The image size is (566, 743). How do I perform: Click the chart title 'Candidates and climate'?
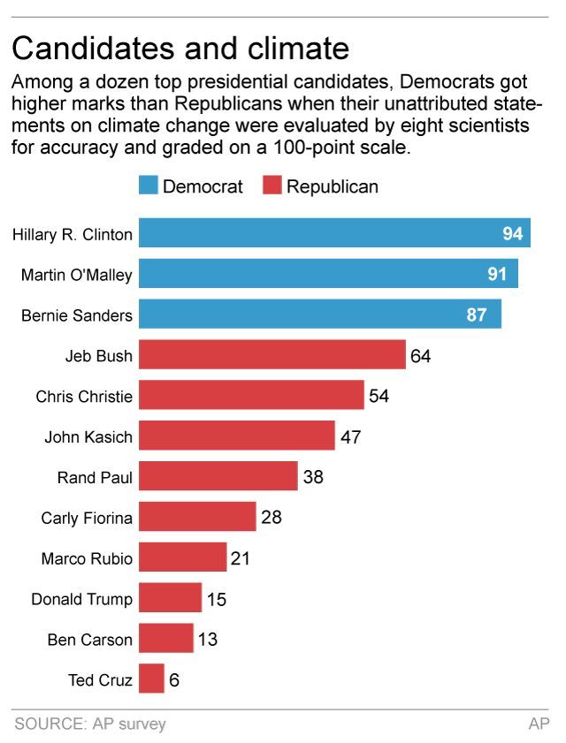(180, 47)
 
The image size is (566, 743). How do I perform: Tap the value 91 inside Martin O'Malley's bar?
(497, 274)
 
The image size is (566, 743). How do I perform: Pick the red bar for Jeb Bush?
(272, 356)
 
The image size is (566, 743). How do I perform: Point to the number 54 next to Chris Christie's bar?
(379, 396)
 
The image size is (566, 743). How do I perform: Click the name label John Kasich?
(88, 436)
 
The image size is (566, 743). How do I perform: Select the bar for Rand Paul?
(218, 477)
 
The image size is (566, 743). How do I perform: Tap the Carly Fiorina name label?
(87, 518)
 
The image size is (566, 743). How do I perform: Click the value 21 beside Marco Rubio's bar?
(241, 558)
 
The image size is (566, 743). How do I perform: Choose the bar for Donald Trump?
(171, 599)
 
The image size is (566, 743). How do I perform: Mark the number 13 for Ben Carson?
(207, 640)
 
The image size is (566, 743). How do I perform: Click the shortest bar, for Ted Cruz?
(152, 679)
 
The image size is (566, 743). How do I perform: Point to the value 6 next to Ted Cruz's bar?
(175, 680)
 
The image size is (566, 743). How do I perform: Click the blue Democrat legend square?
(148, 186)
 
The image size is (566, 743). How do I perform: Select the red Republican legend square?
(272, 186)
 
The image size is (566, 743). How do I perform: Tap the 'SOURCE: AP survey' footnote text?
(90, 724)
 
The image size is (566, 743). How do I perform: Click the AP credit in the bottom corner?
(539, 724)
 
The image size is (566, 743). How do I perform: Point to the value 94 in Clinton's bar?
(513, 233)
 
